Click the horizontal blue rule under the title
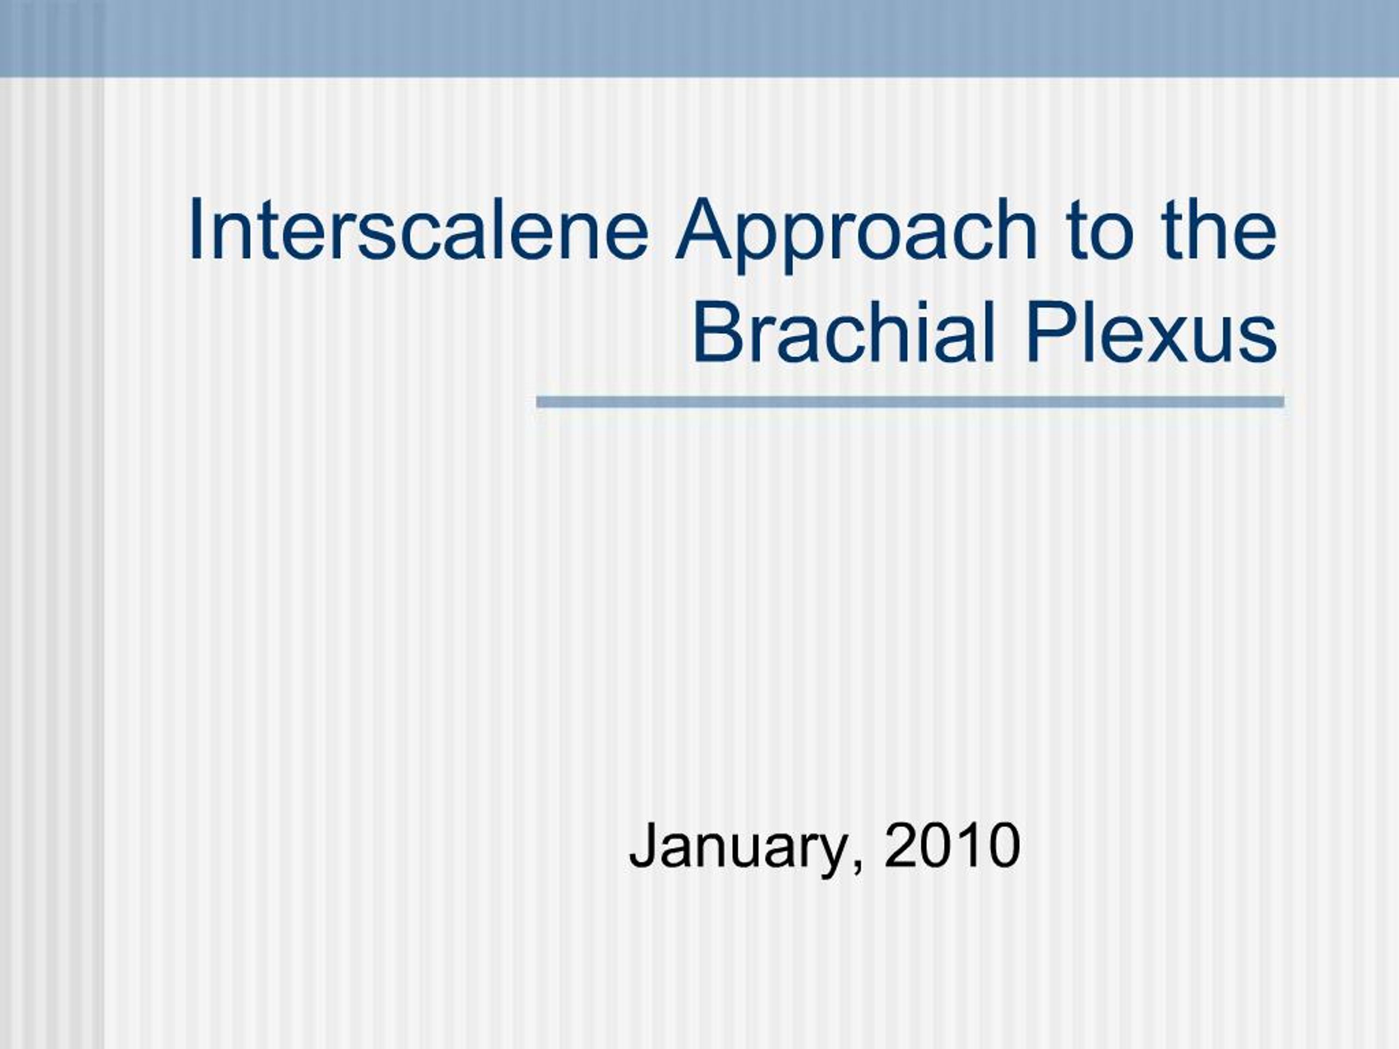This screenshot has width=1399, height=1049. (x=909, y=402)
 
